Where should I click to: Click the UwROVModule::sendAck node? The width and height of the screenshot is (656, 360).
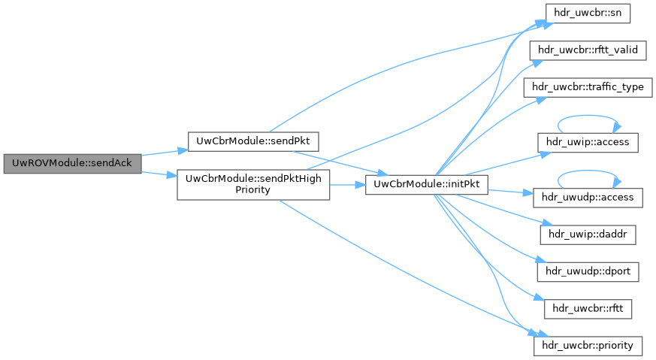72,163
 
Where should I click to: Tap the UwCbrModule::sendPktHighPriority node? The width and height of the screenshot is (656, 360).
253,184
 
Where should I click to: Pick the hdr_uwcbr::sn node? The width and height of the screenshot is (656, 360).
588,13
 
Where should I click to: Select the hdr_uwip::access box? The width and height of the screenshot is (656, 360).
588,141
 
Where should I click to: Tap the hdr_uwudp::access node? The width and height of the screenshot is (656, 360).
588,198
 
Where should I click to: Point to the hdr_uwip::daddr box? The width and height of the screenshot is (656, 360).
588,234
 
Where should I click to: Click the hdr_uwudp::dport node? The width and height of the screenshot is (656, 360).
588,271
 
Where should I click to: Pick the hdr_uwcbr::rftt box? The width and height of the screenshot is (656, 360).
588,308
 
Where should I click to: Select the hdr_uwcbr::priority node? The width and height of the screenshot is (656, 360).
588,346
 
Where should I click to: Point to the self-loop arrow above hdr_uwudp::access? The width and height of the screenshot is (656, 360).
588,174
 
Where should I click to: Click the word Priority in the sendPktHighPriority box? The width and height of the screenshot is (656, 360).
253,190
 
